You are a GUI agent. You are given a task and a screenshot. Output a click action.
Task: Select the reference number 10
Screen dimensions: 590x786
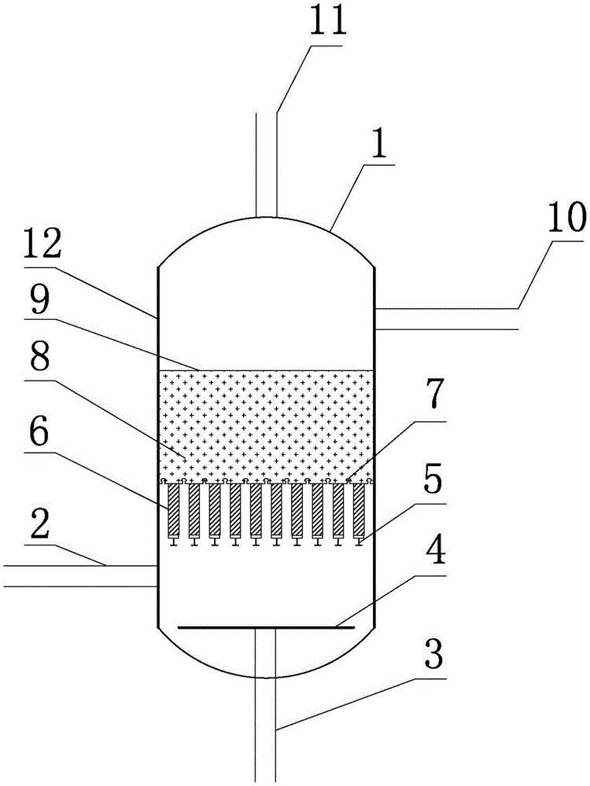tap(566, 218)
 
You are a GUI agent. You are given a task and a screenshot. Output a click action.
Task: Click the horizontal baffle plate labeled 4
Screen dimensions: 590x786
tap(267, 626)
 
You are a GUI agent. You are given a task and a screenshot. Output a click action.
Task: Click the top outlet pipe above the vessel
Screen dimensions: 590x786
tap(267, 165)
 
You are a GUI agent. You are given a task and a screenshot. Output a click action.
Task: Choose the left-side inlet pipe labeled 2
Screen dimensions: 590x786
tap(80, 575)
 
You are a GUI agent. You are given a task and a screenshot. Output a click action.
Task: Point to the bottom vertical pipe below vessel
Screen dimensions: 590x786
tap(266, 704)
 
